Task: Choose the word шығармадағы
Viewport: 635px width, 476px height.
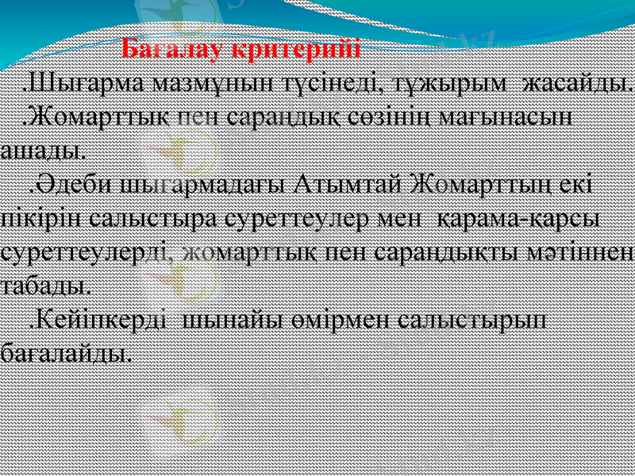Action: tap(204, 185)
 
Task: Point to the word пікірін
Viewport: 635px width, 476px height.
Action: tap(37, 218)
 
